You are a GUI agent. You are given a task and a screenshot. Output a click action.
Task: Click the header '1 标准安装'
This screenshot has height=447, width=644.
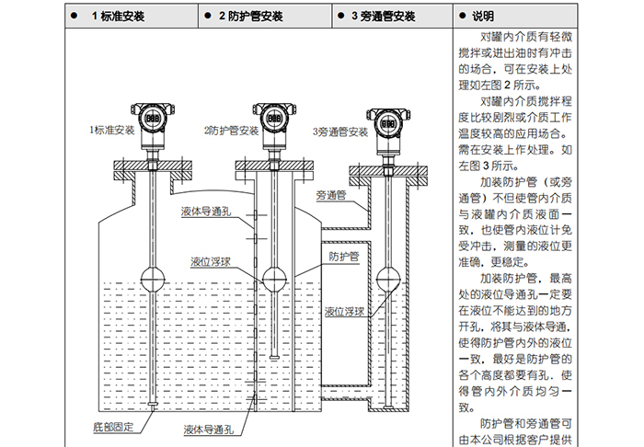point(119,17)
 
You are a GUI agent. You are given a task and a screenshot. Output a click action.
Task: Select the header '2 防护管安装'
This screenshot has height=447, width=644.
point(250,17)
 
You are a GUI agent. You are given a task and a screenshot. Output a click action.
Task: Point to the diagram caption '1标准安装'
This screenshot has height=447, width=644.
point(111,130)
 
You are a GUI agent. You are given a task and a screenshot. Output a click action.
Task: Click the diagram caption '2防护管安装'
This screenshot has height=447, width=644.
point(231,130)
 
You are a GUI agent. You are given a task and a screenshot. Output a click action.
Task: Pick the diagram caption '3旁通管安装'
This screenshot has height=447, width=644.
point(340,132)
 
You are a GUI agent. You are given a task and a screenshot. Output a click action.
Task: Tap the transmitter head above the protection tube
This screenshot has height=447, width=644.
point(274,117)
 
